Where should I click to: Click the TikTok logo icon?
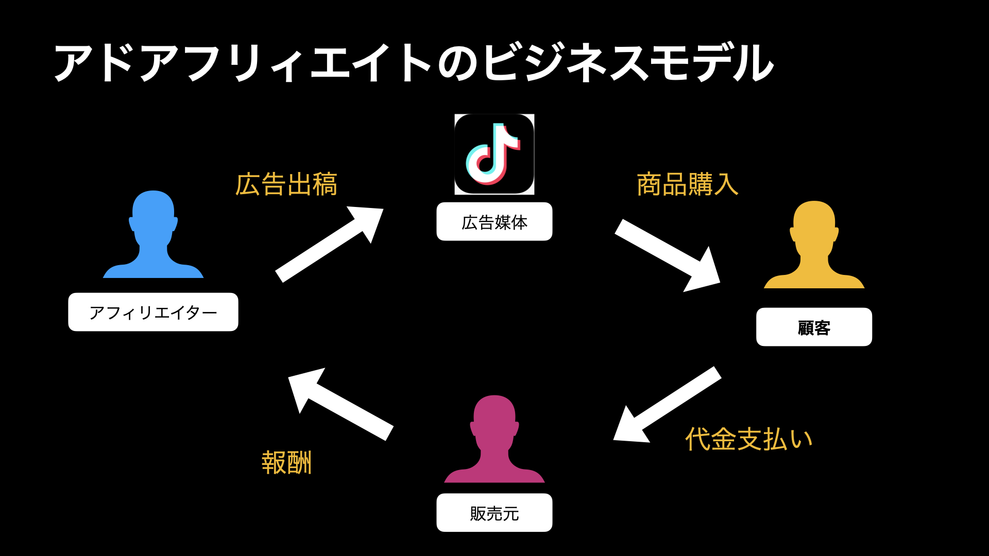coord(494,154)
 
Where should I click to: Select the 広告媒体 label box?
coord(494,222)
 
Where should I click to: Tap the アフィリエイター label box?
coord(153,312)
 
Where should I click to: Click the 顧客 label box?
coord(814,327)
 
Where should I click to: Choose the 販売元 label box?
coord(494,513)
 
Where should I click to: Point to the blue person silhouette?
coord(153,237)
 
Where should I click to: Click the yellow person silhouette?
coord(814,247)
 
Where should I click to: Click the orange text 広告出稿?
coord(286,184)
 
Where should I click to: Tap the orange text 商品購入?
coord(688,184)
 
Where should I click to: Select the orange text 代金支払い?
coord(748,439)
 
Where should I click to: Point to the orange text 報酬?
coord(286,462)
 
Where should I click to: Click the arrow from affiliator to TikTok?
coord(330,244)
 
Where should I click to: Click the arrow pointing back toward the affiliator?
coord(340,404)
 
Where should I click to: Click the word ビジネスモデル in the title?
coord(628,63)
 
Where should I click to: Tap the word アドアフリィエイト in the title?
coord(242,63)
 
